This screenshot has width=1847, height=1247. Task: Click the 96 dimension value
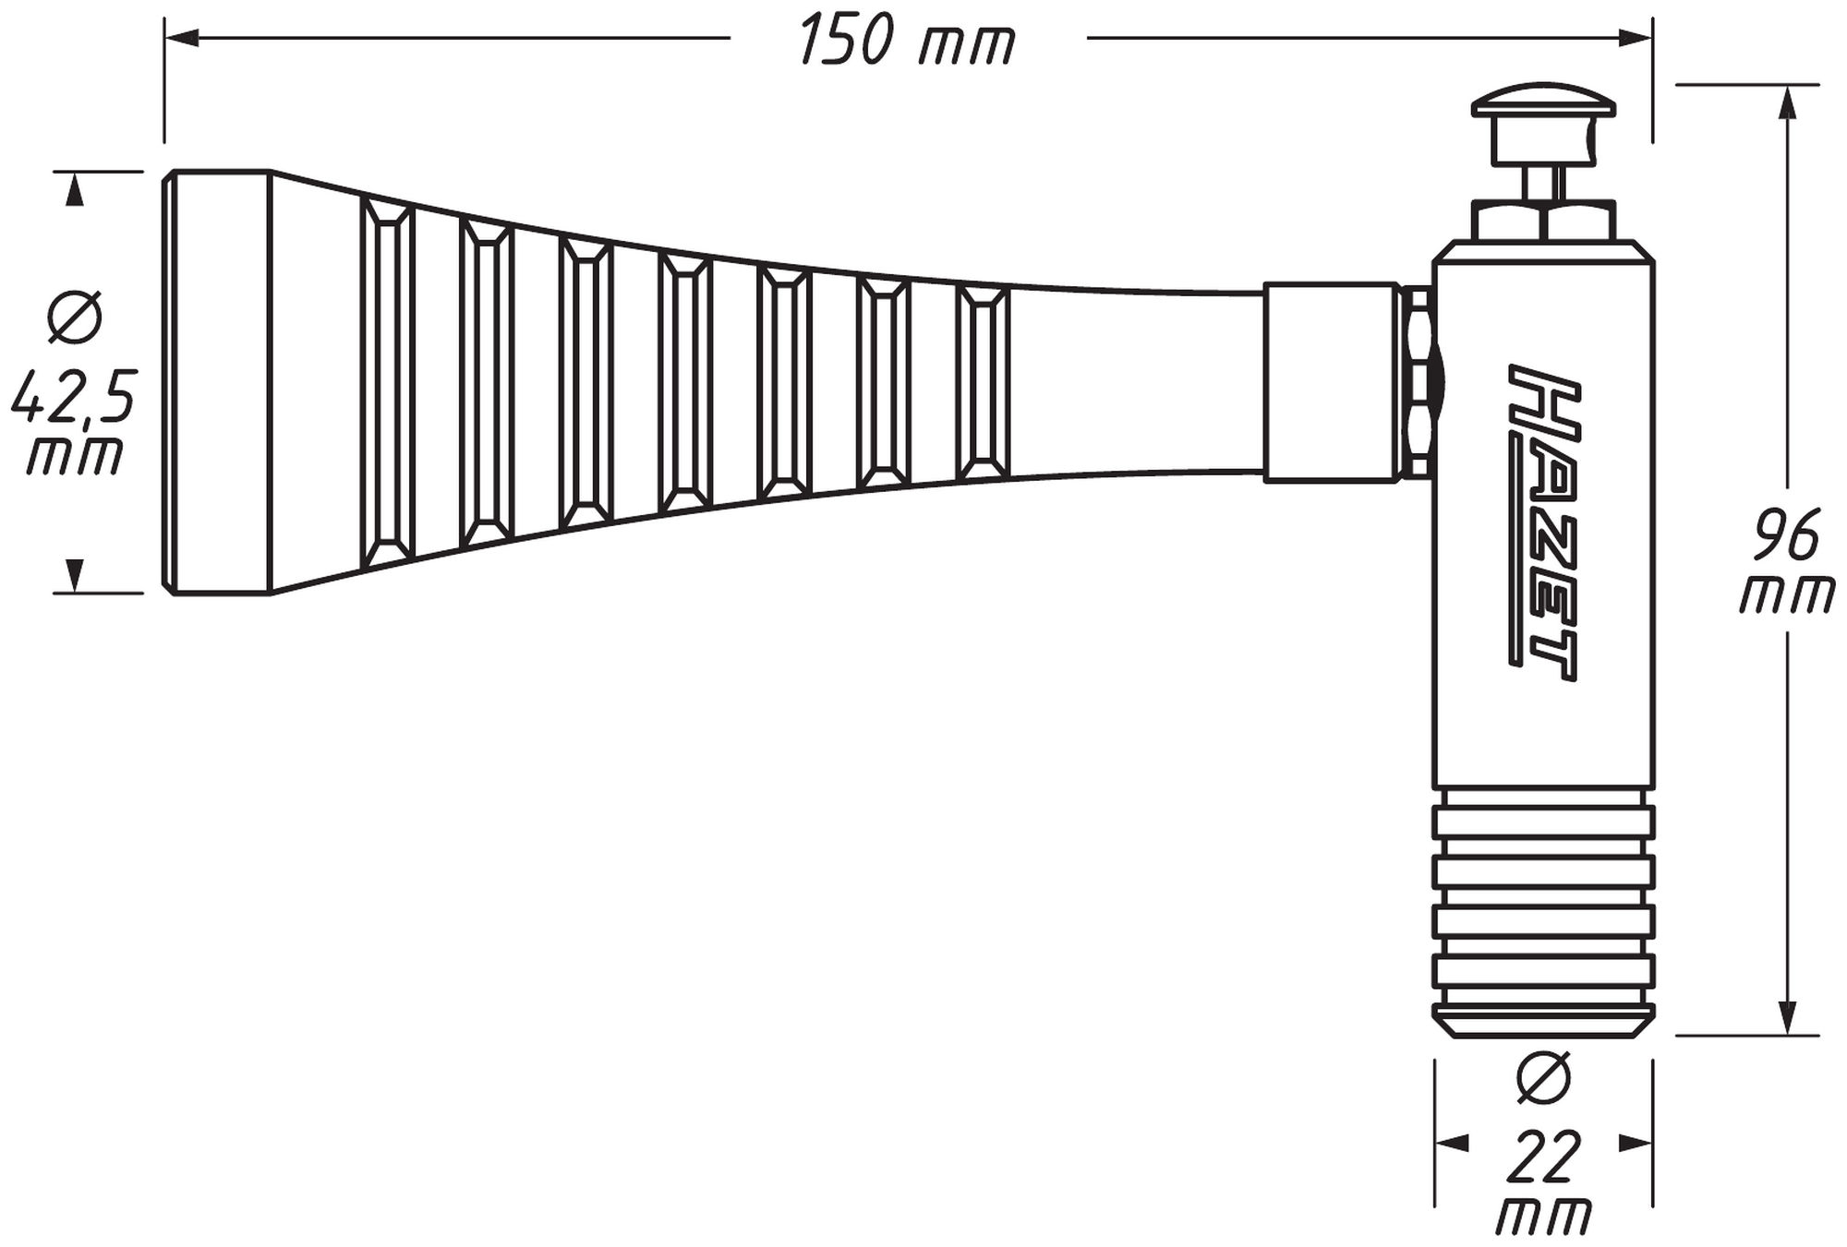click(1786, 535)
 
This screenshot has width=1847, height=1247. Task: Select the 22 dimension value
click(1543, 1159)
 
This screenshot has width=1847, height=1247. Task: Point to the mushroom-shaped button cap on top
click(1543, 102)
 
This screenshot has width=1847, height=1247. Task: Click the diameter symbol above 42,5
click(75, 317)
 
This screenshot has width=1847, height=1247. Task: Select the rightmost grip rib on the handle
click(983, 383)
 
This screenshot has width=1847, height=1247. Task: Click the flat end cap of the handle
click(216, 382)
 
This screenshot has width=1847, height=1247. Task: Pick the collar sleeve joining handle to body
click(1331, 383)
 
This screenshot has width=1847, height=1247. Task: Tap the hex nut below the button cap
click(1543, 221)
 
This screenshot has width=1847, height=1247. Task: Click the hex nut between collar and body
click(1417, 382)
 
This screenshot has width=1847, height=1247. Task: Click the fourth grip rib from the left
click(685, 383)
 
